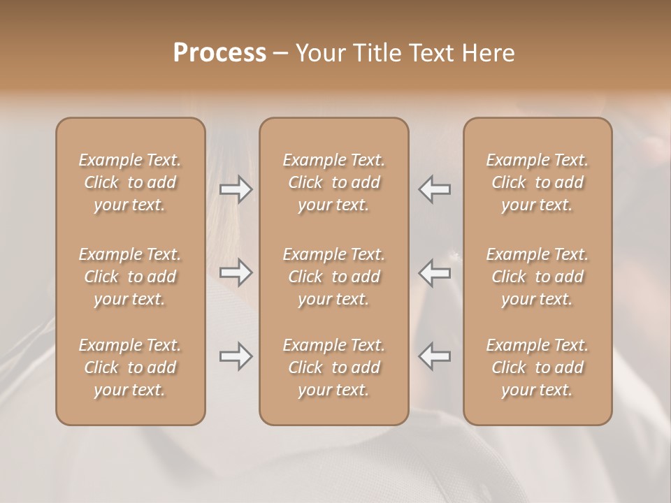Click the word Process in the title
click(x=219, y=53)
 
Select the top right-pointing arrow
click(x=236, y=189)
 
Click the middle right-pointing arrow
click(x=236, y=272)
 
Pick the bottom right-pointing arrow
click(x=236, y=357)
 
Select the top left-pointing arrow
click(x=435, y=189)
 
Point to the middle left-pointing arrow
click(x=435, y=272)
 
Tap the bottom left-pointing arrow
click(x=435, y=357)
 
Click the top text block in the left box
click(x=130, y=182)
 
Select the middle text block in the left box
click(x=130, y=277)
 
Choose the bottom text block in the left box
click(x=130, y=367)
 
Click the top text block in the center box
click(x=333, y=182)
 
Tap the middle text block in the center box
click(x=333, y=277)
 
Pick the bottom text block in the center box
click(x=333, y=367)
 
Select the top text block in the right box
click(x=537, y=182)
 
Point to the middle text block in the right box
click(x=537, y=277)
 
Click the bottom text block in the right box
click(x=537, y=367)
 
